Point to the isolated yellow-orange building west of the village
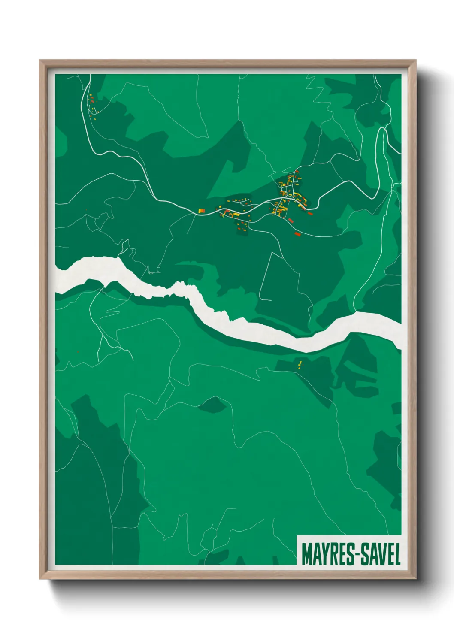pos(201,210)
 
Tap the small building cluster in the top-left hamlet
pos(92,104)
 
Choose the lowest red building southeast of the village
pos(297,234)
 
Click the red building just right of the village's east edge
pos(310,213)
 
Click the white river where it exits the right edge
pos(397,330)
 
